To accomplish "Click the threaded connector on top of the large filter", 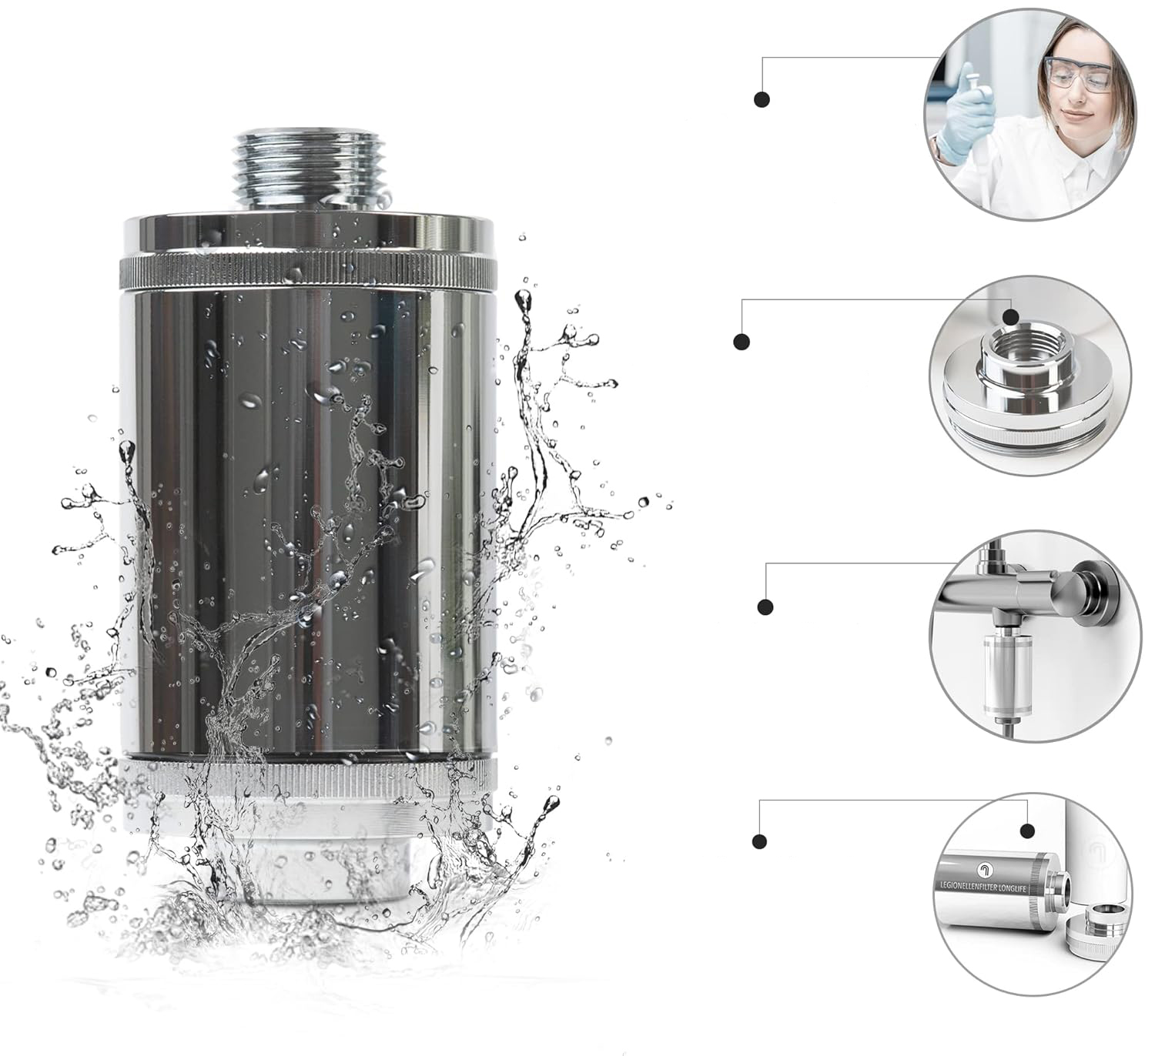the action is [313, 171].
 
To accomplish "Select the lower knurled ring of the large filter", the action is [308, 779].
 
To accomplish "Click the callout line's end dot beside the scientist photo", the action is [762, 99].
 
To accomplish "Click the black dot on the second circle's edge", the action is [1011, 316].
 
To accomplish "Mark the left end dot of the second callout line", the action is [742, 342].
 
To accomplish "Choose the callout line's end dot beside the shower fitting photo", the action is [765, 607].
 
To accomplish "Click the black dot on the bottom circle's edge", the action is [1027, 830].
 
